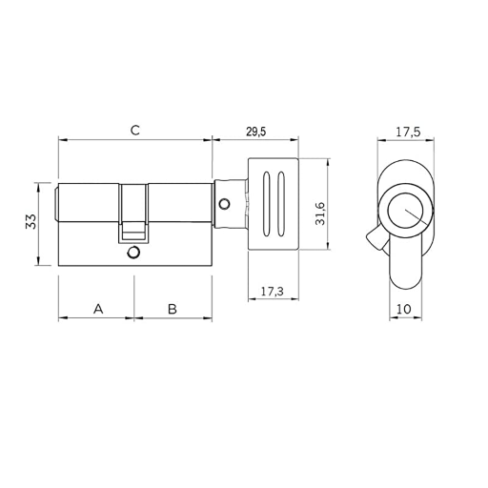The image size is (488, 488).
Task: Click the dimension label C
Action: [x=135, y=130]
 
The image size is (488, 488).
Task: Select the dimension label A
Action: [x=98, y=309]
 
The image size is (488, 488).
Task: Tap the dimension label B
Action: [x=173, y=309]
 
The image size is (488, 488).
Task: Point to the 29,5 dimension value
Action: [x=256, y=132]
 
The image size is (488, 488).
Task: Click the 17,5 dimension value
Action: [x=408, y=132]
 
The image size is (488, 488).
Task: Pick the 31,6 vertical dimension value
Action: [x=320, y=213]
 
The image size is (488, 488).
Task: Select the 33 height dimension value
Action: [x=31, y=221]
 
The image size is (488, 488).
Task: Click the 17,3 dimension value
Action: [x=273, y=291]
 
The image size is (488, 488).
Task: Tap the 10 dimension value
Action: [x=404, y=309]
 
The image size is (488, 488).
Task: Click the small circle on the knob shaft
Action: [x=225, y=204]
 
